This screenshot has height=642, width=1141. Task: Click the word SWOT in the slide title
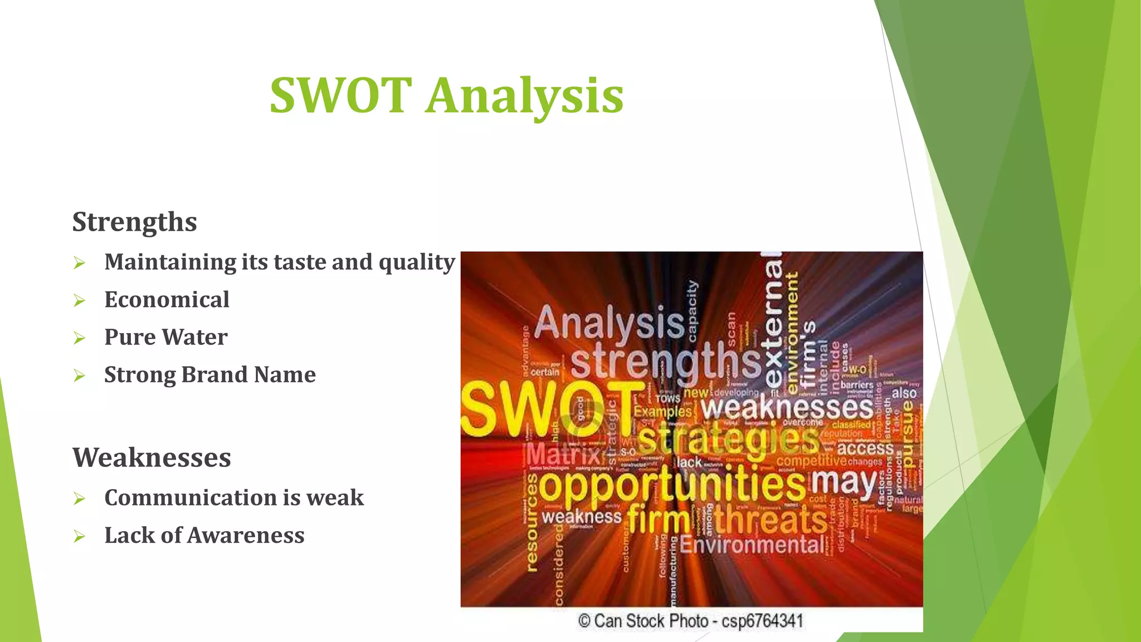pos(340,95)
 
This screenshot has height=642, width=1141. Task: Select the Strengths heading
pos(134,222)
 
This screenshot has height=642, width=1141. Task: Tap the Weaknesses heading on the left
pos(152,458)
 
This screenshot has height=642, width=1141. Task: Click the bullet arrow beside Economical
pos(79,301)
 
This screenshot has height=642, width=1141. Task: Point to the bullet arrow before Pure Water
pos(79,338)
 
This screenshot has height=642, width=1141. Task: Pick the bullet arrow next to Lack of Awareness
pos(79,537)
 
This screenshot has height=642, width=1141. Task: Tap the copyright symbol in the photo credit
pos(584,621)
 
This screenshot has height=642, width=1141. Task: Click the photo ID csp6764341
pos(762,621)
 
